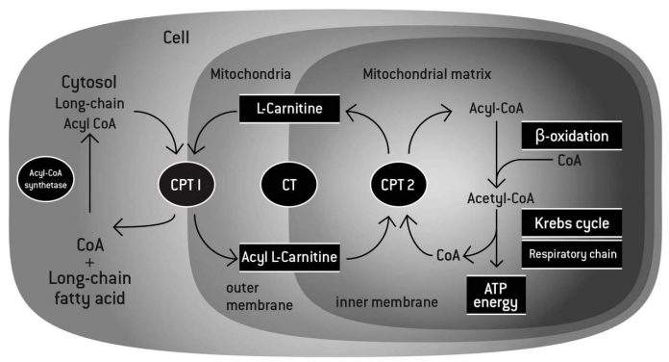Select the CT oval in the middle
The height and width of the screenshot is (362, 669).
[x=288, y=179]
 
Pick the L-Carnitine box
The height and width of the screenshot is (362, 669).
[x=288, y=113]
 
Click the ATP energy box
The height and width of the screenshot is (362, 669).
[x=498, y=295]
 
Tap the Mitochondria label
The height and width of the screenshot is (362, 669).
[x=250, y=74]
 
